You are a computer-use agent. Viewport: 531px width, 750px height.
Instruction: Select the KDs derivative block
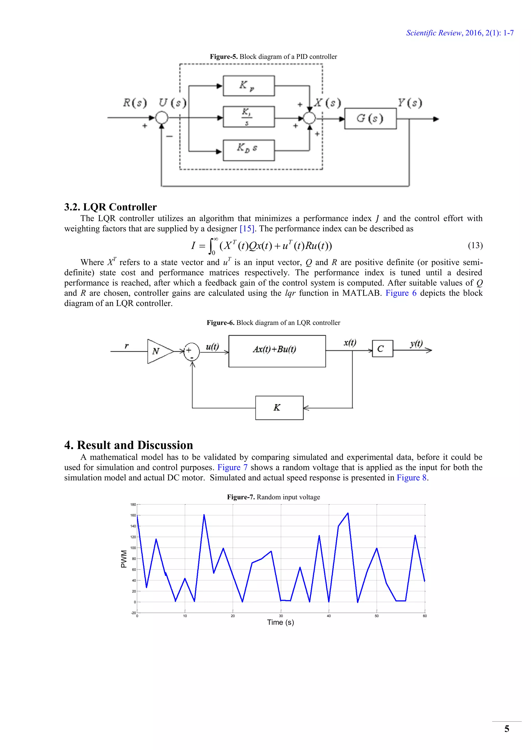[248, 150]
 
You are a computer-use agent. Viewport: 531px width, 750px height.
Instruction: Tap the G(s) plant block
[370, 119]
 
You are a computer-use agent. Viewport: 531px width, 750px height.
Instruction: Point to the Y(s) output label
[410, 103]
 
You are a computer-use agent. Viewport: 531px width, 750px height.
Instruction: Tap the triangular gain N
[159, 351]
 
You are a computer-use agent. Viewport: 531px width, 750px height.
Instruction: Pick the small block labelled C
[382, 349]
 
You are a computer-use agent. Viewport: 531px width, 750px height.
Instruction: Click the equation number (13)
[475, 245]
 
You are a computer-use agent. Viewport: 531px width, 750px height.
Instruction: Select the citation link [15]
[247, 229]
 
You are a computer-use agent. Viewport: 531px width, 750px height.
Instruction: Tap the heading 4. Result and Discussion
[129, 445]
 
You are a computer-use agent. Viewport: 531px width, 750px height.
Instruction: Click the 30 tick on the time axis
[281, 616]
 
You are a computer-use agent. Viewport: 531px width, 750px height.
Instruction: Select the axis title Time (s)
[281, 622]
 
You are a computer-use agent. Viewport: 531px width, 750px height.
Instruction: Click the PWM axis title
[124, 559]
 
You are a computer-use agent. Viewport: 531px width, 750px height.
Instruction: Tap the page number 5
[506, 729]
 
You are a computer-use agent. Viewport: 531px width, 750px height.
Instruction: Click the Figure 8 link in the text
[411, 478]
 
